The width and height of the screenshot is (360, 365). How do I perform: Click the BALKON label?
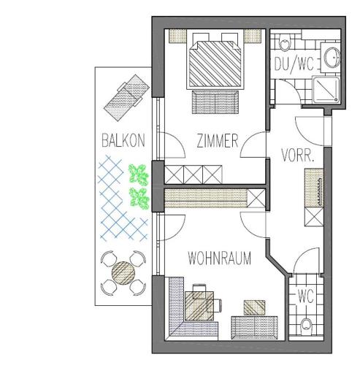(x=123, y=140)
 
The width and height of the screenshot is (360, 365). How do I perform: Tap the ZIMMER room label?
(x=218, y=141)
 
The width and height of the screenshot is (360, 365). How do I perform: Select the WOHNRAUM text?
(x=219, y=258)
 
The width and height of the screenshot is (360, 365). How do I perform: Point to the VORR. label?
(x=297, y=155)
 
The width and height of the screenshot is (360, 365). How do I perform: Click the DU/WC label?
(x=294, y=64)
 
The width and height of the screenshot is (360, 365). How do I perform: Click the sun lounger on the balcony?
(x=126, y=98)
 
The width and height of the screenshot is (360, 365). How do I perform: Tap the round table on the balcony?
(x=123, y=273)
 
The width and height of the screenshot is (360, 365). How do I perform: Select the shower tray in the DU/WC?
(x=326, y=89)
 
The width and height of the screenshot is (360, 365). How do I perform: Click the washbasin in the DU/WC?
(x=332, y=58)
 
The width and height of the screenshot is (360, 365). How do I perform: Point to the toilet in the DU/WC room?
(x=284, y=42)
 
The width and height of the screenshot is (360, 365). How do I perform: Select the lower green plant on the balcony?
(x=139, y=199)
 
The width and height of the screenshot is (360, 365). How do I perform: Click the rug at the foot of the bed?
(x=215, y=102)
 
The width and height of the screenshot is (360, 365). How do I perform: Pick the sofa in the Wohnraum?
(x=255, y=328)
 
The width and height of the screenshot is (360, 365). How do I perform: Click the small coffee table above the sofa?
(x=255, y=307)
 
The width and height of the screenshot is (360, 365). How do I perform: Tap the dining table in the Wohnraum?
(x=199, y=306)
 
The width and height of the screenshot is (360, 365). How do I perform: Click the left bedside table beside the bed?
(x=177, y=36)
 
